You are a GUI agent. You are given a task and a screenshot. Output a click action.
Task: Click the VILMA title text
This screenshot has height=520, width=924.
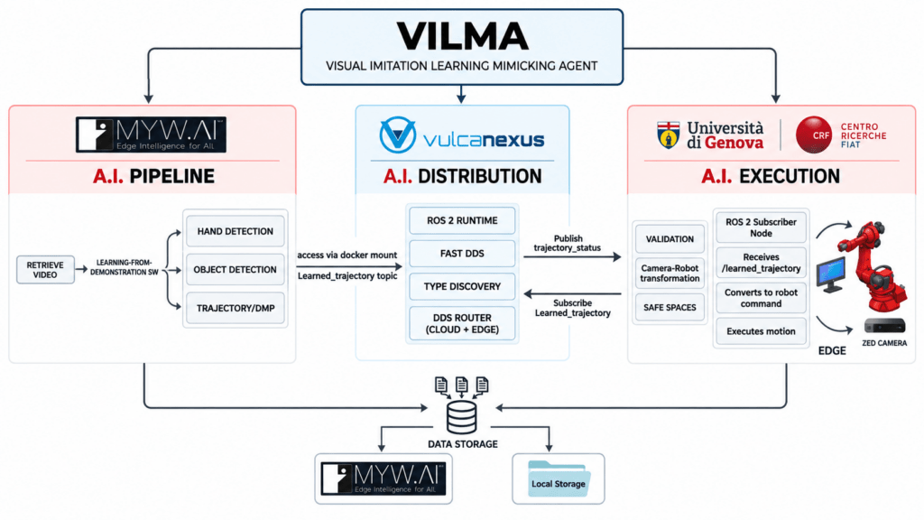click(462, 36)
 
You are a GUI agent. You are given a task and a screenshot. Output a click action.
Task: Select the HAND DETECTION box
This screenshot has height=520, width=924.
click(236, 231)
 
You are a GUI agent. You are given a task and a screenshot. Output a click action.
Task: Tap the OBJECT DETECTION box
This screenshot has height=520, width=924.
click(236, 269)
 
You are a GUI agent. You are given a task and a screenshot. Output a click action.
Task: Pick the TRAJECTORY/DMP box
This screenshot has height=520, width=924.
click(236, 308)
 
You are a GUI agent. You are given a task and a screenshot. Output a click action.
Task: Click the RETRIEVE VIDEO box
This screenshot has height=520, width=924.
click(45, 269)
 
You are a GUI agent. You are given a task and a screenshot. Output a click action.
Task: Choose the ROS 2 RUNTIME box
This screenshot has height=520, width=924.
click(462, 220)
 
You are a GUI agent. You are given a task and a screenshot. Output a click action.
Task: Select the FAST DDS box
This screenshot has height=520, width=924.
click(462, 254)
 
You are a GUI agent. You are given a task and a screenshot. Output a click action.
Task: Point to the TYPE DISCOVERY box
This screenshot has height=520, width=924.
click(462, 286)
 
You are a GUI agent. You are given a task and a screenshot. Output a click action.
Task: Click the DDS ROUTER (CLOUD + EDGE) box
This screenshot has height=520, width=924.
click(462, 323)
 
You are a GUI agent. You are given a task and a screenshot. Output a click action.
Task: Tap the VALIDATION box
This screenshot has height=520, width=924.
click(670, 238)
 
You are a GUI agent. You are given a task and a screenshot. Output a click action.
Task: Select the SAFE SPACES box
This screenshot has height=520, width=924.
click(670, 307)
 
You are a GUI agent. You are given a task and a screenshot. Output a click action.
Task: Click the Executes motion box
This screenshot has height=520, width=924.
click(761, 331)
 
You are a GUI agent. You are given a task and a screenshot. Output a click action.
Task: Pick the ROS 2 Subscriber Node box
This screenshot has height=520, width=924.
click(761, 227)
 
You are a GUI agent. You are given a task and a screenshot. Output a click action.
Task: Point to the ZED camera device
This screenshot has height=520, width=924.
click(884, 326)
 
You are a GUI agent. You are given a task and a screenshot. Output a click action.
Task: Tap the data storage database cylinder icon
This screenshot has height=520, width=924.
click(461, 417)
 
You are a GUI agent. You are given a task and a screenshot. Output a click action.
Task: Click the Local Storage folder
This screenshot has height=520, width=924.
click(558, 478)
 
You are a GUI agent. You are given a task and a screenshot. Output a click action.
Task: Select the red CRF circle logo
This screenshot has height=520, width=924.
click(814, 135)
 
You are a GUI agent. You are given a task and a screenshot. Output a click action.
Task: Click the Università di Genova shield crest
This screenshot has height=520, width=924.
click(669, 135)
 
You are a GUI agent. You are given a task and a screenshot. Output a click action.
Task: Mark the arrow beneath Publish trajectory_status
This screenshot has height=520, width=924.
click(572, 257)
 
